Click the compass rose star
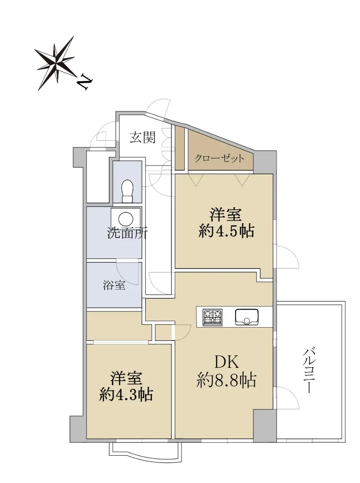(57, 64)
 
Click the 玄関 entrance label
(143, 138)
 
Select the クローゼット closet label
(219, 159)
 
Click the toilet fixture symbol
(128, 191)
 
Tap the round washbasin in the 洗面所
(126, 218)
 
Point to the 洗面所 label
(128, 233)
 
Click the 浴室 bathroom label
(114, 285)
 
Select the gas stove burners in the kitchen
(213, 317)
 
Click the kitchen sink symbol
(247, 317)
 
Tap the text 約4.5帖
(226, 231)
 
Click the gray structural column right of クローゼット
(265, 162)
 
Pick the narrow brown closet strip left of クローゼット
(180, 148)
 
